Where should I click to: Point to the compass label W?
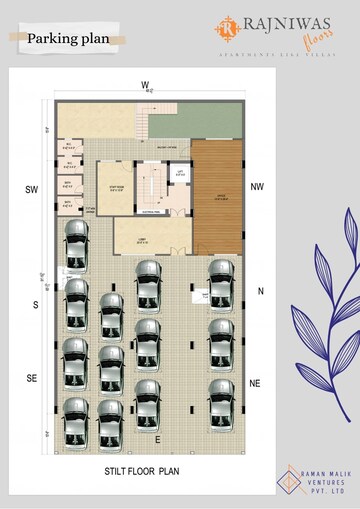pos(144,84)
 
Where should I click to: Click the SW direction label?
pos(31,189)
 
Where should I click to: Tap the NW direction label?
pos(257,187)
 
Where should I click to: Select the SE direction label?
pos(32,378)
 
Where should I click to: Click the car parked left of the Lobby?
pos(75,246)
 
